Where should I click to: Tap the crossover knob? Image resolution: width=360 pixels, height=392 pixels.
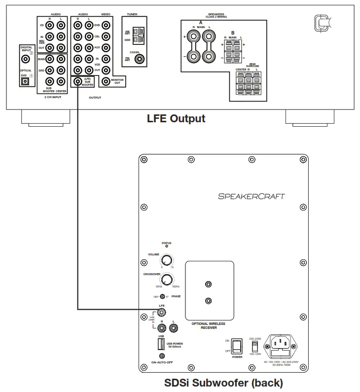click(x=167, y=280)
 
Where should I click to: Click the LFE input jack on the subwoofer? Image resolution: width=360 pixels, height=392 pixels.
click(x=162, y=313)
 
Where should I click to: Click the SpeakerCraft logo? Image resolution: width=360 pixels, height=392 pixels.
click(x=252, y=196)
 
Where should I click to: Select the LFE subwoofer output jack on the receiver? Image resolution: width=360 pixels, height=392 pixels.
click(x=78, y=82)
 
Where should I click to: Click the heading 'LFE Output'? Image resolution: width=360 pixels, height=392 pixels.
click(x=176, y=119)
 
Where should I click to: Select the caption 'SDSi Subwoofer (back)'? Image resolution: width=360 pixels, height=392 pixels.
click(x=223, y=383)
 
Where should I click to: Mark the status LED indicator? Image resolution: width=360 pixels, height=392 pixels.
click(x=167, y=247)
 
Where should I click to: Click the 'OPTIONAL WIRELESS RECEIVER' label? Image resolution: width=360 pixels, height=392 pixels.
click(x=208, y=325)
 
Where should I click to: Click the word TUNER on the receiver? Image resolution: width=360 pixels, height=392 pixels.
click(x=132, y=15)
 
